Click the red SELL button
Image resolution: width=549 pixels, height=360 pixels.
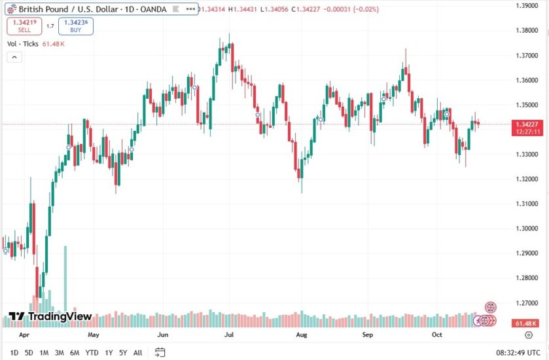click(24, 26)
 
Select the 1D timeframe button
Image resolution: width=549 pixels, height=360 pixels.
click(14, 353)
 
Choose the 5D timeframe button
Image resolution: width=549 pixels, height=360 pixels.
click(29, 353)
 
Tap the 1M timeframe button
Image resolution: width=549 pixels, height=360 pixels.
click(44, 353)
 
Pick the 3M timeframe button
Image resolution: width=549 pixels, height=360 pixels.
click(59, 353)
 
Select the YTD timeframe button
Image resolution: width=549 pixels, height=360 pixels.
click(92, 353)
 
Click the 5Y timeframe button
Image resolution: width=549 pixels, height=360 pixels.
click(122, 353)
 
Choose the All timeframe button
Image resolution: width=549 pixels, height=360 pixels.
click(137, 353)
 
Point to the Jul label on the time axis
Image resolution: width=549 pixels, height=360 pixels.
click(229, 334)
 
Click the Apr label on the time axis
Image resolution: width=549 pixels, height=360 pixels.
click(25, 334)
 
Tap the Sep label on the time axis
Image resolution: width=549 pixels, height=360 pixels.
click(368, 334)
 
